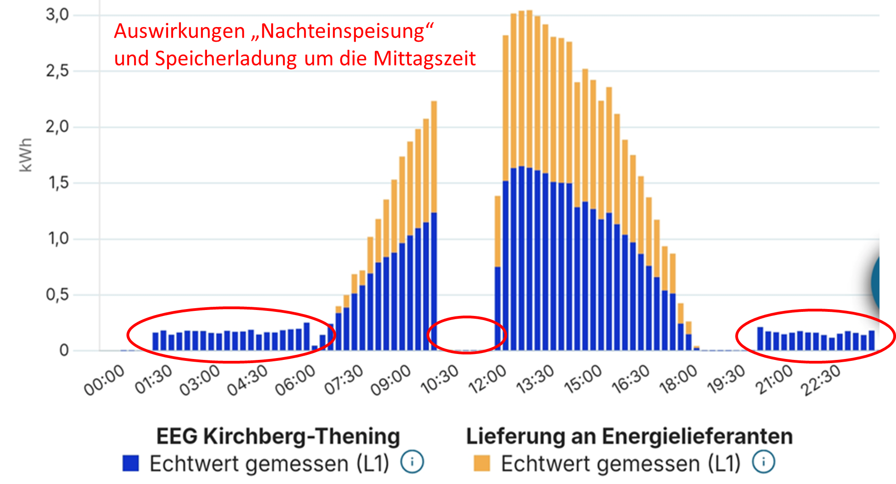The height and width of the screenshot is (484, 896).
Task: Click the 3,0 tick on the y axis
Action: pyautogui.click(x=57, y=15)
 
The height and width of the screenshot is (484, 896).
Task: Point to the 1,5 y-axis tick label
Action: pyautogui.click(x=57, y=183)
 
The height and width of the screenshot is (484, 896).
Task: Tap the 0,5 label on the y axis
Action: pyautogui.click(x=57, y=295)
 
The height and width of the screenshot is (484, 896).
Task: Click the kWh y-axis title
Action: pyautogui.click(x=26, y=155)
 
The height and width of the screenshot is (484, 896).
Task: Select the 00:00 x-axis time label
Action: pyautogui.click(x=104, y=380)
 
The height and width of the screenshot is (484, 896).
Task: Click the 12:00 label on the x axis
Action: pyautogui.click(x=487, y=380)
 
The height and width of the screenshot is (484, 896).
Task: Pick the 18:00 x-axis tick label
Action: pyautogui.click(x=678, y=380)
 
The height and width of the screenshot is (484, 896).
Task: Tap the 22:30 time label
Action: pyautogui.click(x=821, y=380)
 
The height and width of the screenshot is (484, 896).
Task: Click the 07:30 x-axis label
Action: pyautogui.click(x=344, y=380)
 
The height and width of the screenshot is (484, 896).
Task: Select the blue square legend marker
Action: pyautogui.click(x=131, y=463)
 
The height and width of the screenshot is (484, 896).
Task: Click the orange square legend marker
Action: pyautogui.click(x=482, y=463)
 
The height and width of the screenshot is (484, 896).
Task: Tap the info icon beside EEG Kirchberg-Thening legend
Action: pyautogui.click(x=412, y=462)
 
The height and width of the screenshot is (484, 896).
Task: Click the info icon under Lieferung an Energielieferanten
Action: pyautogui.click(x=764, y=462)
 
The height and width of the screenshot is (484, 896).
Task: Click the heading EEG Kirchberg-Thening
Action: pyautogui.click(x=278, y=436)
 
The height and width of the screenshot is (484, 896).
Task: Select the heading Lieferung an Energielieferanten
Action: pyautogui.click(x=629, y=436)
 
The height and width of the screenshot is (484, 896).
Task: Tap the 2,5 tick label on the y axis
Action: pyautogui.click(x=57, y=71)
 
